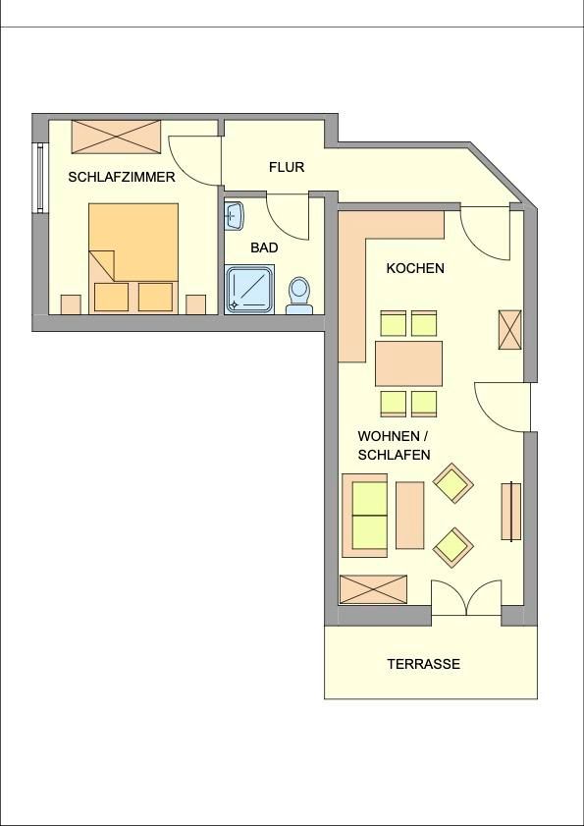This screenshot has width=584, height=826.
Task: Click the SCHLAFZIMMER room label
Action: [x=122, y=177]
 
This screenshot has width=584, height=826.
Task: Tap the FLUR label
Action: [x=287, y=167]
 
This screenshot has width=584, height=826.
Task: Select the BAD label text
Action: [x=264, y=248]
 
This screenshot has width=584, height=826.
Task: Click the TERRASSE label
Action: [x=424, y=664]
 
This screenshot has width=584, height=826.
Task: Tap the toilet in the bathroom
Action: [x=299, y=296]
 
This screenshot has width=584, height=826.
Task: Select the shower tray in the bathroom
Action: [x=249, y=291]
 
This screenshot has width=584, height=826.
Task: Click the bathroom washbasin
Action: [x=235, y=216]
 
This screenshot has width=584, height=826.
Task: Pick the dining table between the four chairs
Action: [x=408, y=363]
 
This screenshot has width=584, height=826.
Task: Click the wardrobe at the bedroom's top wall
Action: [x=117, y=137]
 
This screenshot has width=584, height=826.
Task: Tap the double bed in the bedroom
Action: [x=133, y=258]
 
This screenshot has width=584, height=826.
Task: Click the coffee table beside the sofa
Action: [x=409, y=516]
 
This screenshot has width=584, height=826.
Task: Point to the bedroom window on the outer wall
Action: [x=40, y=178]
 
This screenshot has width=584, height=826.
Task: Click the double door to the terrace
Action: [x=466, y=598]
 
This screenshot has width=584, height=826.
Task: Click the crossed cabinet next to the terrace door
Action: [x=373, y=589]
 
